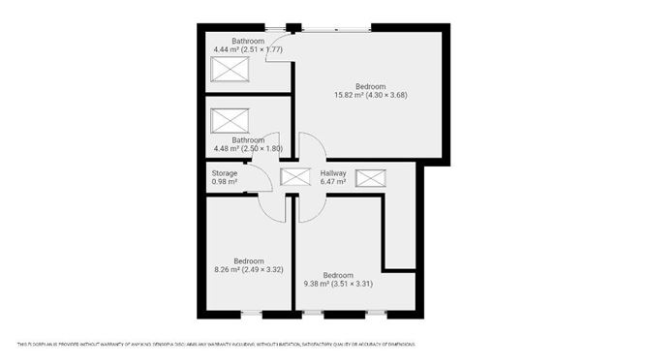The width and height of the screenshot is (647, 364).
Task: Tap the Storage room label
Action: [x=225, y=173]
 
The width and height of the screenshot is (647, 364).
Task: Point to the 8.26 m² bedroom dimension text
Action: [x=247, y=270]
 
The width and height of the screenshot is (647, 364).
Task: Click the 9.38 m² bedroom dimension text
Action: [x=336, y=284]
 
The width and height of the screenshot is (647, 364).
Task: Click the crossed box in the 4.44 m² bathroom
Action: [x=231, y=71]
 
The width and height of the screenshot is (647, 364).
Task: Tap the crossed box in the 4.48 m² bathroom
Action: [x=231, y=120]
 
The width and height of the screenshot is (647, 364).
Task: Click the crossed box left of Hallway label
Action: [x=293, y=177]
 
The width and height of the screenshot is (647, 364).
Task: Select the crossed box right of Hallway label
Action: [x=370, y=177]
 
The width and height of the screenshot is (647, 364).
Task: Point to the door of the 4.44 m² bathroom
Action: [x=280, y=48]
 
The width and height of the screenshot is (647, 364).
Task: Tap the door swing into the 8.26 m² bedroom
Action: [x=274, y=206]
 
